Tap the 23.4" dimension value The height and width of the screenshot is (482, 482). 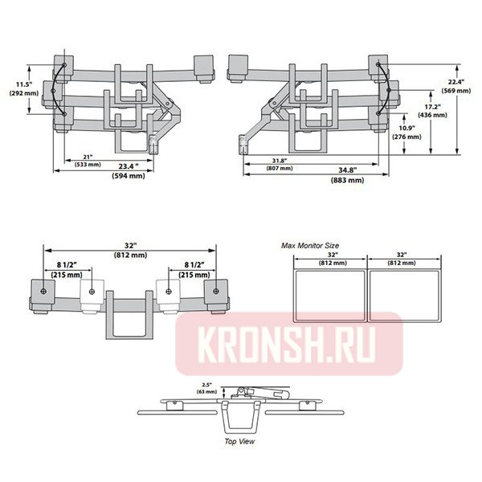128,166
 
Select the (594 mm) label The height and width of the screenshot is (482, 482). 128,176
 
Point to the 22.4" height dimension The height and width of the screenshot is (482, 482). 456,81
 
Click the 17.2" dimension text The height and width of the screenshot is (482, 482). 433,107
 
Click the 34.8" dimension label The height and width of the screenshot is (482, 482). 346,171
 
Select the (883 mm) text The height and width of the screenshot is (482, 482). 346,181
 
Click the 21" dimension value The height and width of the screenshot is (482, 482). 87,157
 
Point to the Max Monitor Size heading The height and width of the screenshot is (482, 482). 310,244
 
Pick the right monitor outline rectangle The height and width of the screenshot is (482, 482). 404,296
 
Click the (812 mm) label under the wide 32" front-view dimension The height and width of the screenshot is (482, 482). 131,255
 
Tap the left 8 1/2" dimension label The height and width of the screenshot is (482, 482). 69,265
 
